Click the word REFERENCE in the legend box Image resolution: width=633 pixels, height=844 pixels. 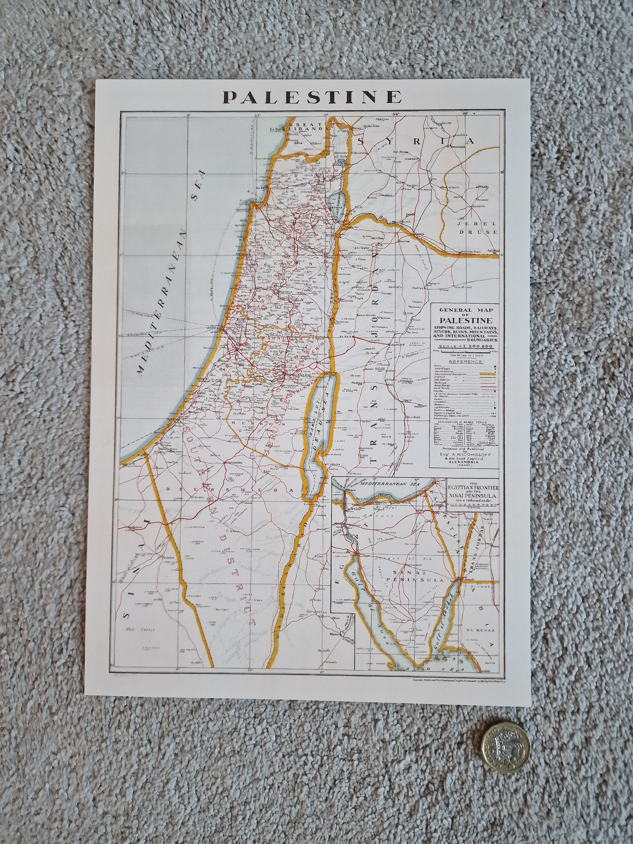(x=466, y=361)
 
